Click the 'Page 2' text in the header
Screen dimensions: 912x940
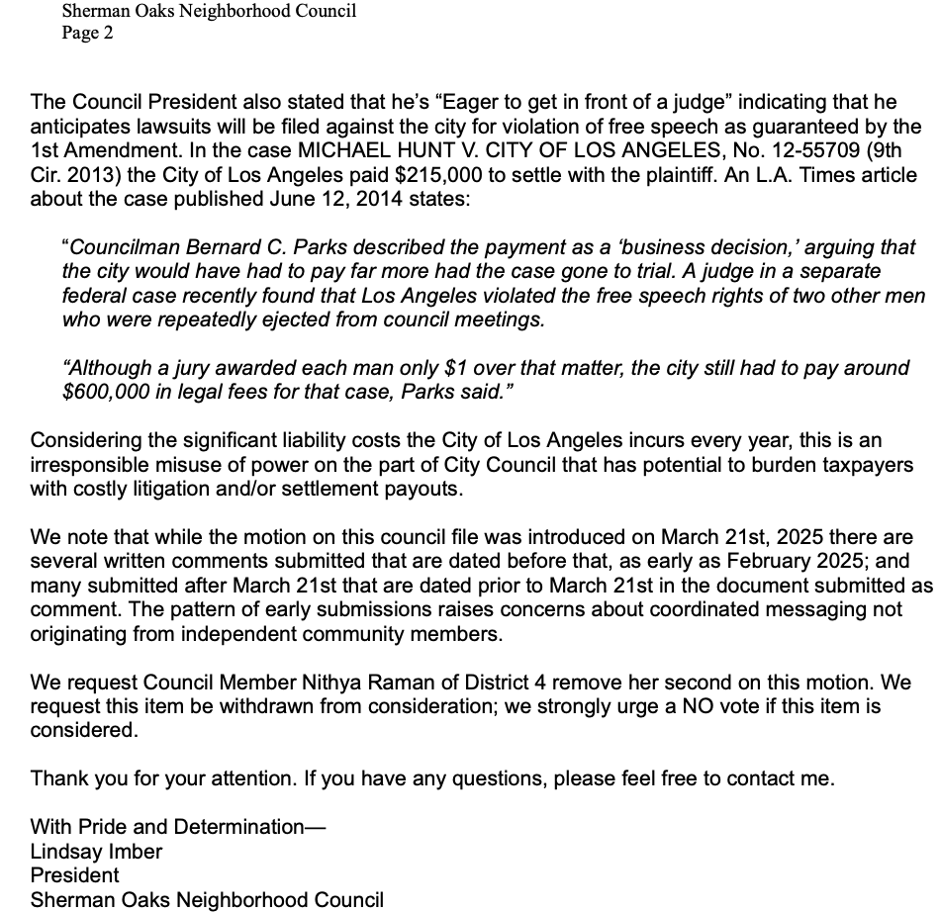(87, 33)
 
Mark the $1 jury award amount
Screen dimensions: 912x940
(455, 368)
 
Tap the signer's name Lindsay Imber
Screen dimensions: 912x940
(96, 851)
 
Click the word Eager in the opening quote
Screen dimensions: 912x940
(476, 102)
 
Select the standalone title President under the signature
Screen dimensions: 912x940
(75, 875)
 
